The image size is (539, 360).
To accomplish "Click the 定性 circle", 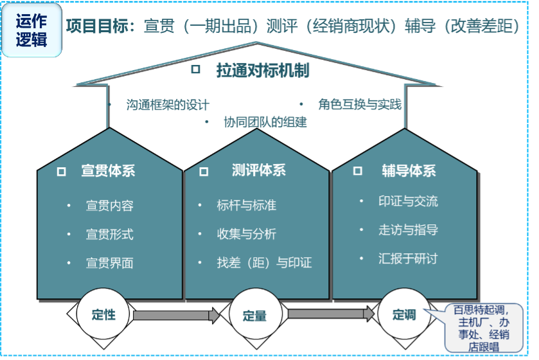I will tap(103, 314).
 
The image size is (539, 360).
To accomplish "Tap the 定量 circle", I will tap(254, 315).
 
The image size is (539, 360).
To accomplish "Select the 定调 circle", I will tap(405, 314).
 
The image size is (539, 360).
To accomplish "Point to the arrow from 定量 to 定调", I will tap(330, 314).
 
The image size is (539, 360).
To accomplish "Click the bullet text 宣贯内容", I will tap(109, 206).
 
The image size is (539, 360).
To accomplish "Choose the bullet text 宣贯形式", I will tap(109, 234).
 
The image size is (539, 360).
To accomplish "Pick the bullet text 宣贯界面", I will tap(109, 262).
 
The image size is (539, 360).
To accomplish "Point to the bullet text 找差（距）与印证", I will tap(264, 262).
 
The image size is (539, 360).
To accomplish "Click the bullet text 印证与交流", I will tap(408, 201).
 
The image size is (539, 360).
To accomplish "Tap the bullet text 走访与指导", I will tap(408, 230).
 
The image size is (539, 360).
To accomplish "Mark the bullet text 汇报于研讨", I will tap(408, 258).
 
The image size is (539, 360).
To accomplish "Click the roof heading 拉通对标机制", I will tap(263, 71).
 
